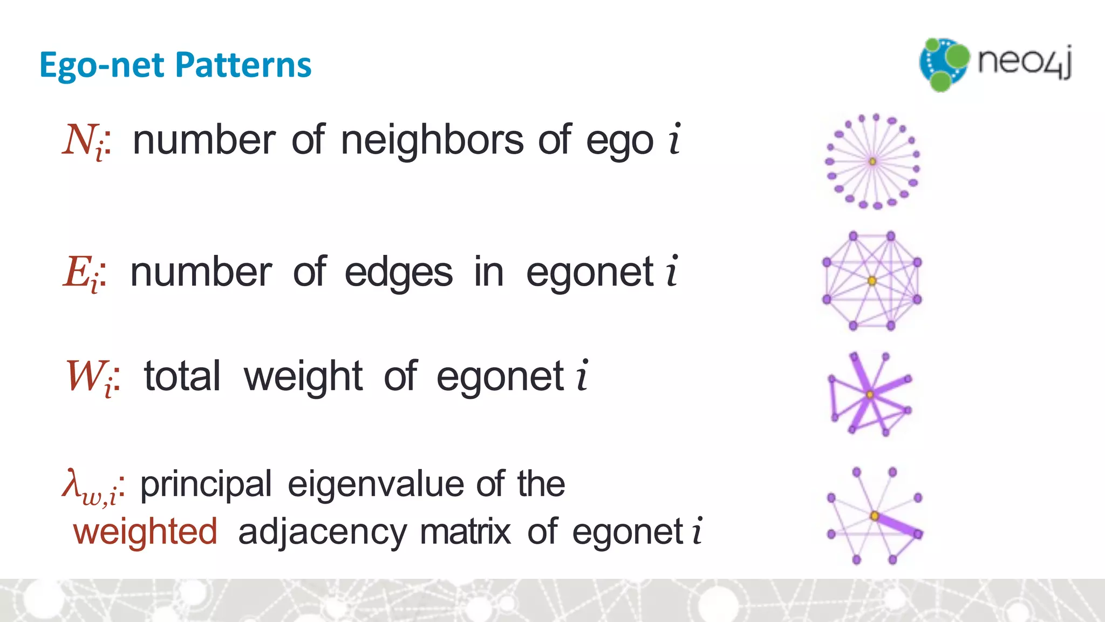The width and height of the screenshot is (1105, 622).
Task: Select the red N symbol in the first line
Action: [79, 140]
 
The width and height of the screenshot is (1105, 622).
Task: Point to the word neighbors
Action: [432, 140]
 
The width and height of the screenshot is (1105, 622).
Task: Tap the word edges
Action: [398, 273]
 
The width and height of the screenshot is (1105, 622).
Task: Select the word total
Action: [182, 376]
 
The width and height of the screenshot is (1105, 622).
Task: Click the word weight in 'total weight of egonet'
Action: [303, 377]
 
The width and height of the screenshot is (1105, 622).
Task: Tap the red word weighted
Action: [145, 532]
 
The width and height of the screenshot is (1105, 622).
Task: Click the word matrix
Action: [465, 531]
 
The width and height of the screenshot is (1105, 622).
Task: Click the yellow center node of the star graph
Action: [872, 161]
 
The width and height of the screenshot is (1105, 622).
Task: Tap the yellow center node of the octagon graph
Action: [872, 281]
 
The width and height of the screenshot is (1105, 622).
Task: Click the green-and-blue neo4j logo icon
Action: [944, 64]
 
